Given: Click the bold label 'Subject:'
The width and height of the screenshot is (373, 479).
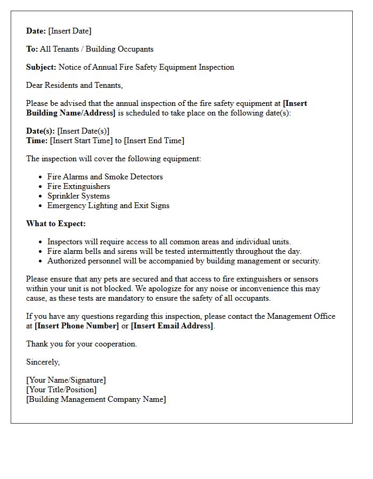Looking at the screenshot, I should [x=42, y=67].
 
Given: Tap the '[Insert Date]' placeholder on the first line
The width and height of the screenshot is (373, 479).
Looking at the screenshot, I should [x=70, y=31].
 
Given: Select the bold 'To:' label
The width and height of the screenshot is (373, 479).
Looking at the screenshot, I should [x=32, y=49].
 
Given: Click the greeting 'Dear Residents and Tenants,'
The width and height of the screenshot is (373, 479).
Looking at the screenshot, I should [x=75, y=85].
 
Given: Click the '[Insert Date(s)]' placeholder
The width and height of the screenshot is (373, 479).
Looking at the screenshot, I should [x=83, y=131].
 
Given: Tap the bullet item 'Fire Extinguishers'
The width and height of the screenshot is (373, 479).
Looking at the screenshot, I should [x=79, y=186].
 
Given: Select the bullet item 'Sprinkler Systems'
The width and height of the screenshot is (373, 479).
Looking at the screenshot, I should [x=78, y=196].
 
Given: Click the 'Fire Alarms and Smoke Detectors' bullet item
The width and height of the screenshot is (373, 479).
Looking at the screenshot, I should [x=105, y=177].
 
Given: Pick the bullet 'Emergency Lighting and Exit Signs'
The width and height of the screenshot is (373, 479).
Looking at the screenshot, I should [x=108, y=205].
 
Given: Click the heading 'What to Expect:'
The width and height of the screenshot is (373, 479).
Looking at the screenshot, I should [x=56, y=224].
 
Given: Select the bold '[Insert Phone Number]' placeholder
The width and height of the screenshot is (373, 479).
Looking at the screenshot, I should [x=77, y=326].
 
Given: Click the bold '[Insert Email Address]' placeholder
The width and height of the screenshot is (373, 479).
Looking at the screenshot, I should [x=172, y=326].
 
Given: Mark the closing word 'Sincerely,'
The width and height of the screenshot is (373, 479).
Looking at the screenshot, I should [x=43, y=362].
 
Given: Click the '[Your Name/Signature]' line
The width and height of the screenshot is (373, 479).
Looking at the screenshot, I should [x=66, y=380].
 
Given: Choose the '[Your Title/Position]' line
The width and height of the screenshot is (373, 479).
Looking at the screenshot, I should [x=61, y=390].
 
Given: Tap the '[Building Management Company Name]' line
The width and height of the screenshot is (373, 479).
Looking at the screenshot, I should [x=96, y=399].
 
